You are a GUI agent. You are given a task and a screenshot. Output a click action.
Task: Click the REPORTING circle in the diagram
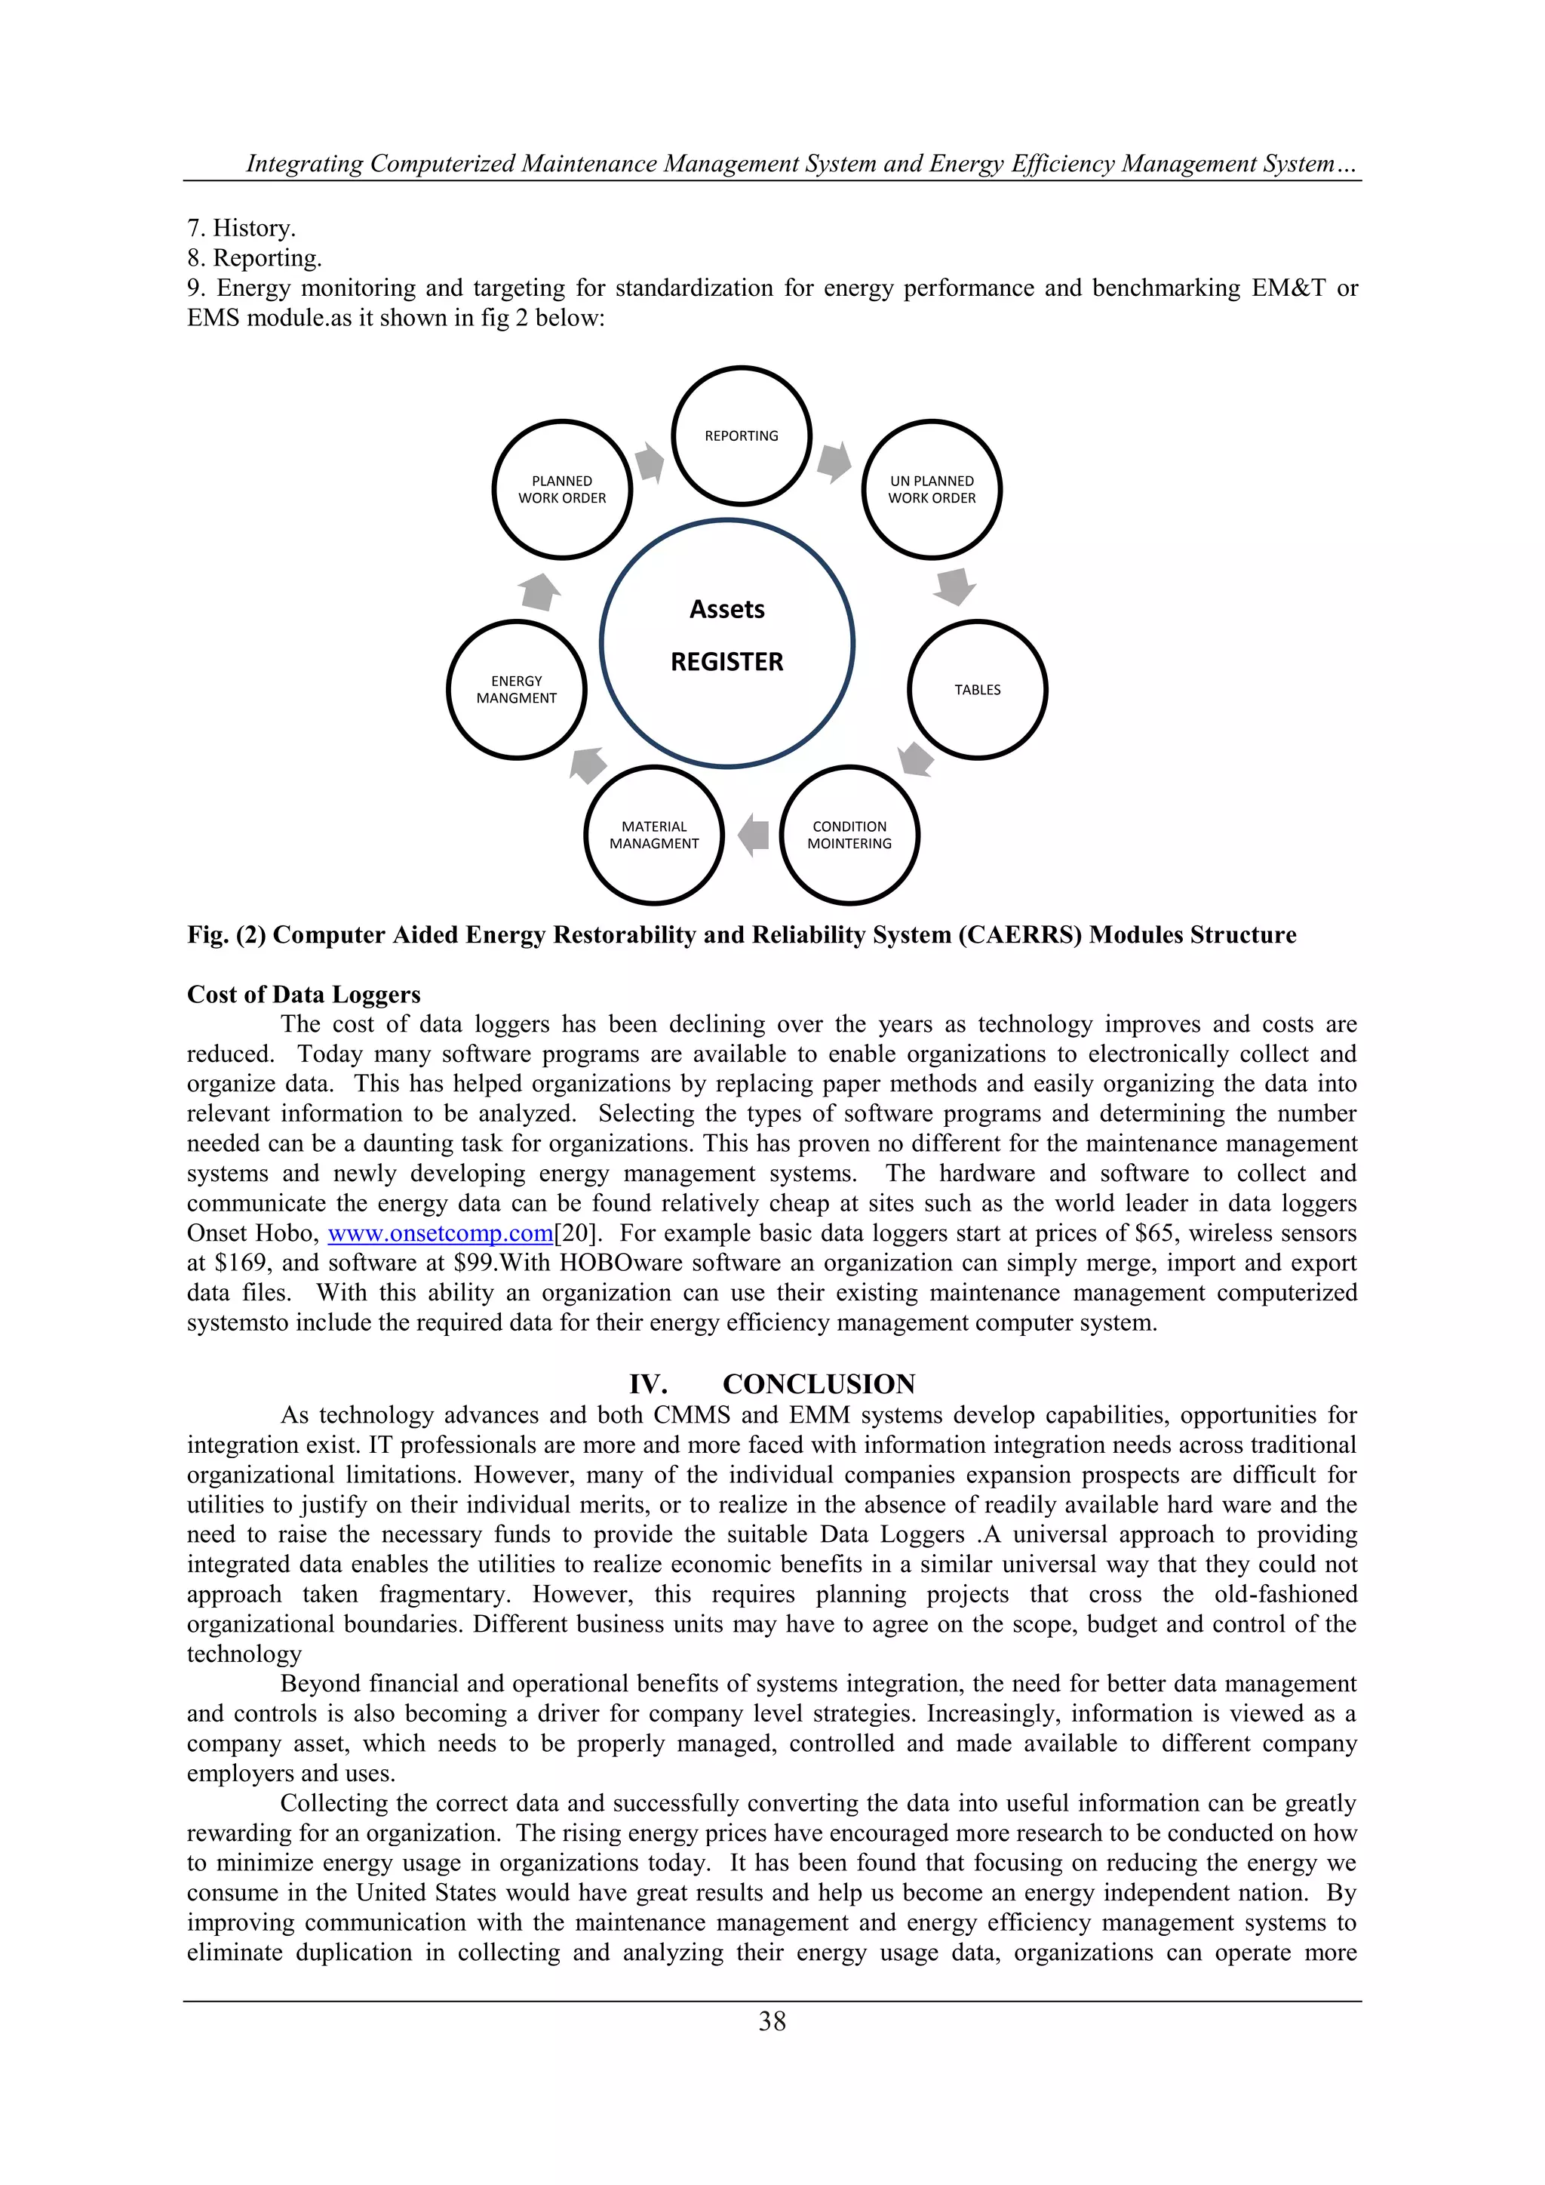coord(741,435)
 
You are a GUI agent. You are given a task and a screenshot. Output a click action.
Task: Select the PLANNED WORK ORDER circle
coord(562,489)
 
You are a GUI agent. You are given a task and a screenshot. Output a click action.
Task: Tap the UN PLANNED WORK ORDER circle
coord(932,489)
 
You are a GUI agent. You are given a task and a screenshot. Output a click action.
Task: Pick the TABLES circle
coord(977,690)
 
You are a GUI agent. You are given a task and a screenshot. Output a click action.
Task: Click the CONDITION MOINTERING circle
coord(849,835)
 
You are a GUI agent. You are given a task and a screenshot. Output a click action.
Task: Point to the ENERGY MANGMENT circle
coord(517,690)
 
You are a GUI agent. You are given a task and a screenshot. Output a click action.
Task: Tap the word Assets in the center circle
coord(726,609)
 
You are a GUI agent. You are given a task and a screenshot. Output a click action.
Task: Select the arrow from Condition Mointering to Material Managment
coord(754,835)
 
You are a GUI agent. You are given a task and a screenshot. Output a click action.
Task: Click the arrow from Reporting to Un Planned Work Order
coord(834,462)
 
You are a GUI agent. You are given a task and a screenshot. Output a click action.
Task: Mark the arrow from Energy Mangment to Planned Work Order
coord(540,591)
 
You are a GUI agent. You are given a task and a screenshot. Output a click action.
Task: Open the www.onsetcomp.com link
coord(441,1233)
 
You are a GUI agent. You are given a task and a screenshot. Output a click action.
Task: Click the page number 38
coord(772,2021)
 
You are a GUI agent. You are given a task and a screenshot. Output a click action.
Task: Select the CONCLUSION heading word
coord(819,1383)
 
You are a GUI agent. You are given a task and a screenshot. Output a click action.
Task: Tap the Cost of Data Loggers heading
coord(303,995)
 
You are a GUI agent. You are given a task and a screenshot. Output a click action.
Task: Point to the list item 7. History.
coord(241,229)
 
